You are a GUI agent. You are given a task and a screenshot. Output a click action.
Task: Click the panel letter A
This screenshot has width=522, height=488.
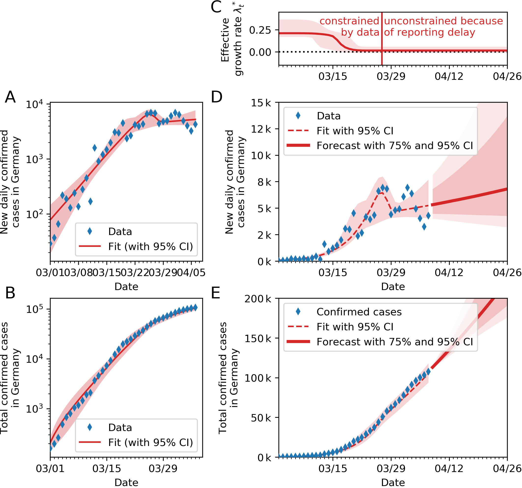point(10,97)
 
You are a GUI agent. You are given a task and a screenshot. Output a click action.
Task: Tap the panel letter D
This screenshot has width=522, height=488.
point(217,97)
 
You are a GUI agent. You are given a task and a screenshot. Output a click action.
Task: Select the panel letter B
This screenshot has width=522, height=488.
point(10,293)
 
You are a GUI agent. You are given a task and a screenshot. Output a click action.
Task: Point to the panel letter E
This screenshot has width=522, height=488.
point(216,293)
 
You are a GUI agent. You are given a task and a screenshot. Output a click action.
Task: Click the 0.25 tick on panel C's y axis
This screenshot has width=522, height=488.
point(260,30)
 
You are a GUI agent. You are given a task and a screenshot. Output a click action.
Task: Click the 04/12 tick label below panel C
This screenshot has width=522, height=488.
point(449,76)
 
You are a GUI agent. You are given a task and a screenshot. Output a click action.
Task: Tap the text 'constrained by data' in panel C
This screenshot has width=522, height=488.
point(349,27)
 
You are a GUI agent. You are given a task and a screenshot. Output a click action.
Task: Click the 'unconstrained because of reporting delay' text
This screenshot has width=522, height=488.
point(443,27)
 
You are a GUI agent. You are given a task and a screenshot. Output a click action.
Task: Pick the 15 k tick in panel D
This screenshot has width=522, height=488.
point(261,103)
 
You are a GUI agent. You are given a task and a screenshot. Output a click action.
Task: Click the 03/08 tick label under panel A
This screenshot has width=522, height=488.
point(78,273)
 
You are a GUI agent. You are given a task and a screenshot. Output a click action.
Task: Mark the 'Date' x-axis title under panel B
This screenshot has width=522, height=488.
point(126,482)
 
